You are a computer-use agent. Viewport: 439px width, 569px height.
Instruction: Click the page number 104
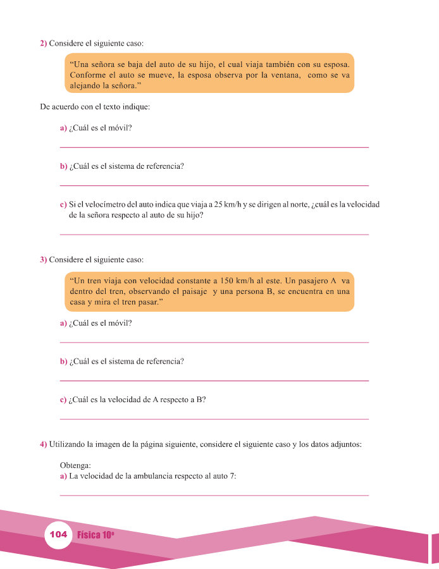(x=58, y=535)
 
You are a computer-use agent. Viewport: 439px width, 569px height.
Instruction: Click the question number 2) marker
(x=44, y=44)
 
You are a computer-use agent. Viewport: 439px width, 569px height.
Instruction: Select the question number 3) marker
(x=44, y=259)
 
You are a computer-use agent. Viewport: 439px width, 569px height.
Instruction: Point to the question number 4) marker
(x=44, y=444)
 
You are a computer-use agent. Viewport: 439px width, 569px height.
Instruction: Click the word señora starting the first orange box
(x=106, y=64)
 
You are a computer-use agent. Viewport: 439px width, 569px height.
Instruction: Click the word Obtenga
(x=76, y=465)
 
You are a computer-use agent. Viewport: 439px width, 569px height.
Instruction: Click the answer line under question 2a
(x=214, y=147)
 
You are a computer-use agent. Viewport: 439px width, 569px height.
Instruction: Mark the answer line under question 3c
(x=214, y=419)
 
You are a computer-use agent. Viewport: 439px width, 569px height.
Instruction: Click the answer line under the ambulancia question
(x=214, y=495)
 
